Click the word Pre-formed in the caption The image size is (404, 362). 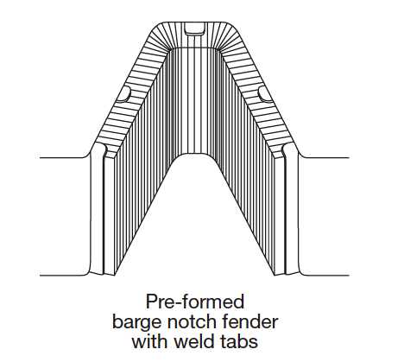[195, 302]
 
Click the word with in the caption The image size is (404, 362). [150, 341]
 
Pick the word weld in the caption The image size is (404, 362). [193, 341]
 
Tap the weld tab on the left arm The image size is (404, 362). [123, 94]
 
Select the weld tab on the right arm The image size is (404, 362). [266, 94]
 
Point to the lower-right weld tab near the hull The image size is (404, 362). [284, 151]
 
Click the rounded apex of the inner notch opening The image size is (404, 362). [195, 154]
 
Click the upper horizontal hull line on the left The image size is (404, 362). [63, 157]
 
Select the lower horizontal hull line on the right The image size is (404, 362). [326, 276]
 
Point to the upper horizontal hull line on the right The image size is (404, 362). [326, 157]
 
